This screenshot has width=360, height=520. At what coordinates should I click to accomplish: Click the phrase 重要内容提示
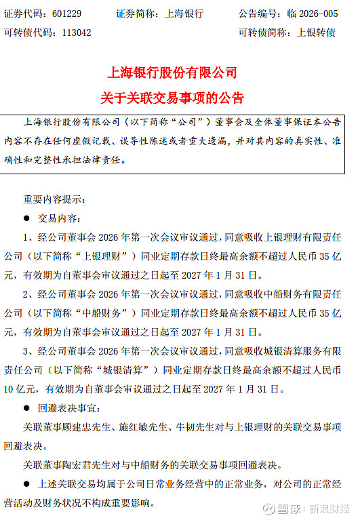coord(52,199)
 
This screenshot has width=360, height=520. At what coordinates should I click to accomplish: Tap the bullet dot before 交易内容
coord(26,219)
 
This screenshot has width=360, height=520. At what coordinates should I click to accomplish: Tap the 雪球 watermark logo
coord(278,508)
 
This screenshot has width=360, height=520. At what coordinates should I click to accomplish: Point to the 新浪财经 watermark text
coord(331,508)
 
